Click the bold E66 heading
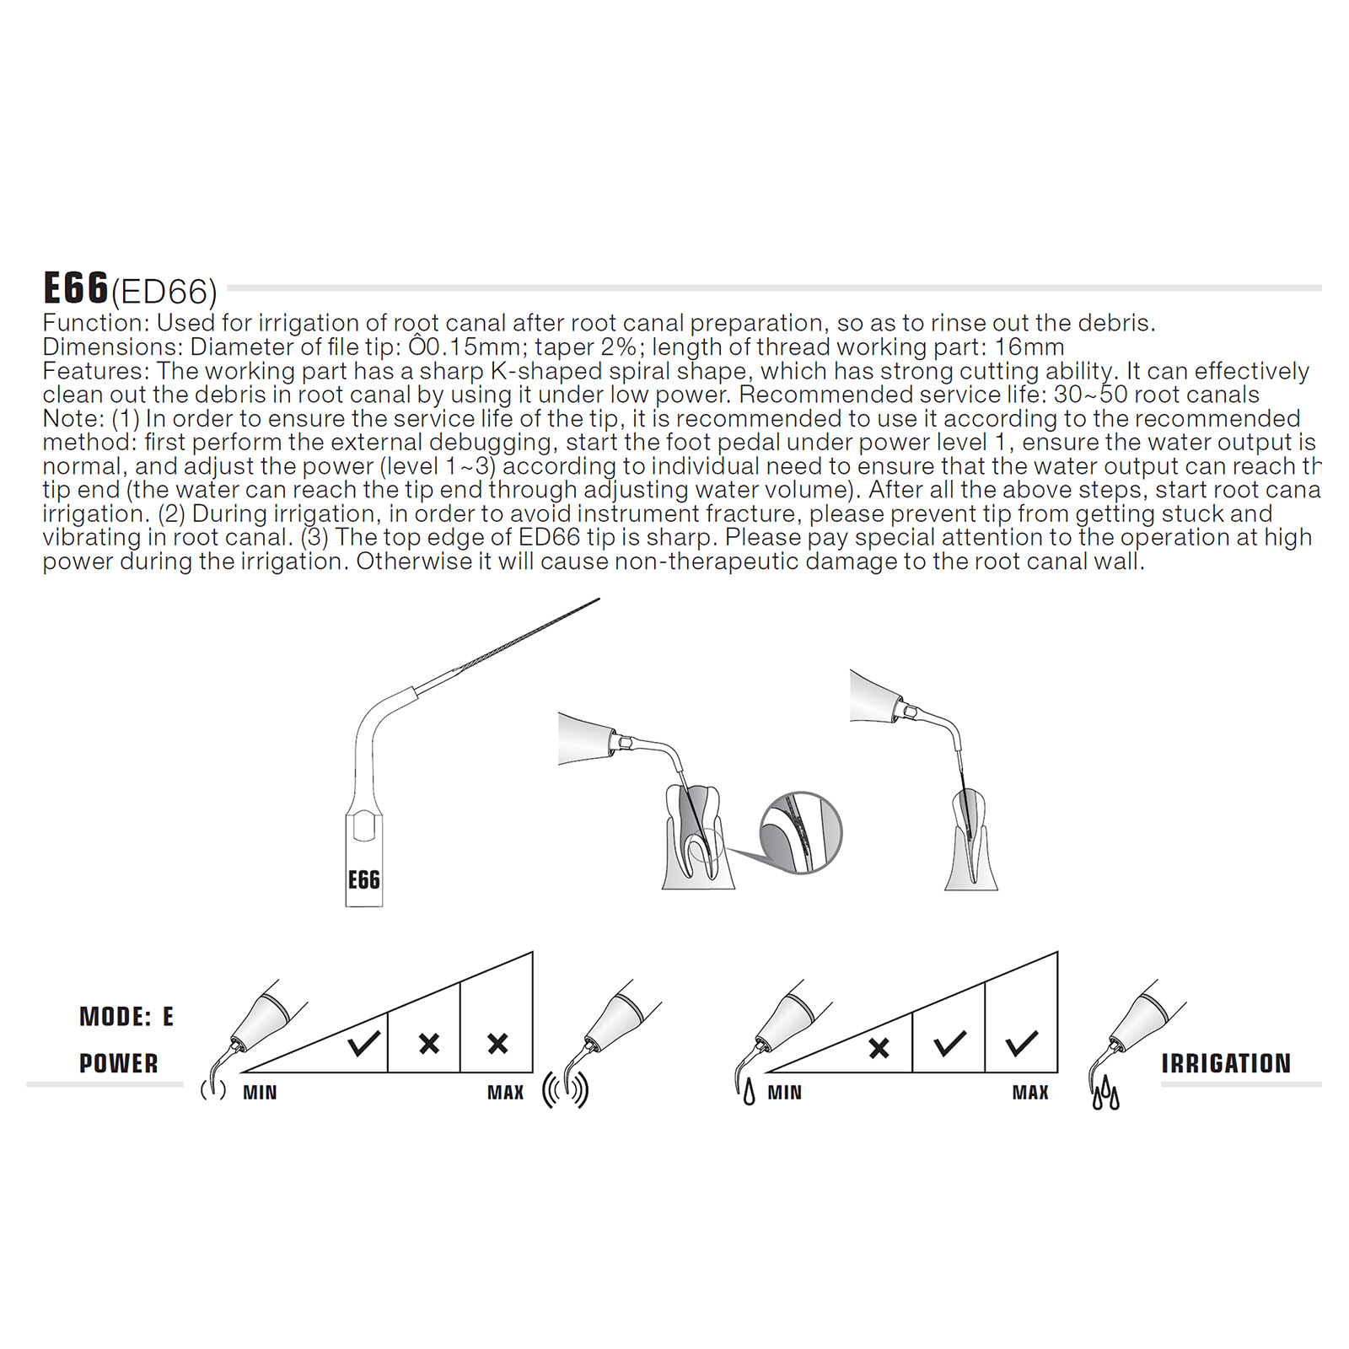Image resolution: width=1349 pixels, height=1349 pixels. [x=76, y=288]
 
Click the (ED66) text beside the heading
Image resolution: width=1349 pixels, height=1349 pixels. [x=164, y=293]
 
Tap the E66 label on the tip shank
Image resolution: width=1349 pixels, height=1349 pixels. [x=364, y=880]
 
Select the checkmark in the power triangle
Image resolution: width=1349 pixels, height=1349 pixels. [x=364, y=1044]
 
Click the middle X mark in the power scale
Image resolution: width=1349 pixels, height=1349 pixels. [x=429, y=1044]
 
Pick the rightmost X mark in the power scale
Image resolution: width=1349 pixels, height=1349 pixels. [x=498, y=1044]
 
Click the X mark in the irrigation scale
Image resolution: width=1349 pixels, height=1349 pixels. [x=879, y=1048]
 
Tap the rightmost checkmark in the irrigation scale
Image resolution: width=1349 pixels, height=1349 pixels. [x=1022, y=1044]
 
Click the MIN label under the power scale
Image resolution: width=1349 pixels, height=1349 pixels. [x=260, y=1093]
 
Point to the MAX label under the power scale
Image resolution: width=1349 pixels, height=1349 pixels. [x=506, y=1093]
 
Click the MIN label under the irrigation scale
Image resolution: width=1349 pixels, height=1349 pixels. [x=785, y=1093]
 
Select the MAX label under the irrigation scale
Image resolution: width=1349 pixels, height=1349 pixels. [x=1030, y=1093]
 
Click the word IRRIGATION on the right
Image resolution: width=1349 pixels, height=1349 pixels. [x=1226, y=1064]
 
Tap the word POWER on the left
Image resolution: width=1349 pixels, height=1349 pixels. [x=119, y=1064]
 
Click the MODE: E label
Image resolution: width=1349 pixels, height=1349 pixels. [x=126, y=1017]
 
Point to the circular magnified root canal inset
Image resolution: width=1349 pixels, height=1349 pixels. [x=801, y=833]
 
